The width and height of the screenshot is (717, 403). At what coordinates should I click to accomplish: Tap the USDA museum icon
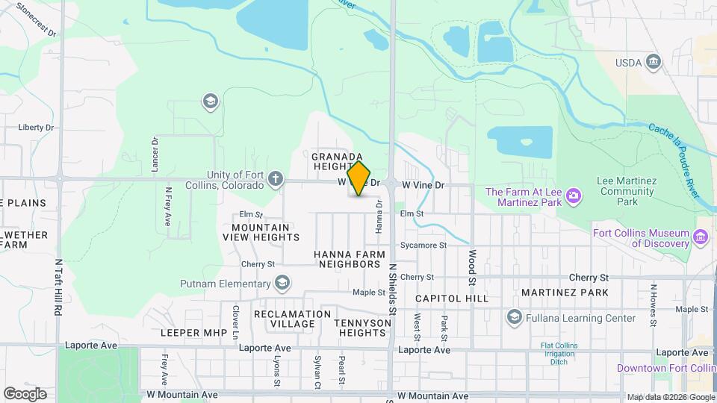pos(654,62)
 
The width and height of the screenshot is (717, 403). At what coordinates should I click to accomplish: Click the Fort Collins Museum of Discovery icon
pos(700,237)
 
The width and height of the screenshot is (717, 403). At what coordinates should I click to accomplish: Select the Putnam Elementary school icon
pos(282,284)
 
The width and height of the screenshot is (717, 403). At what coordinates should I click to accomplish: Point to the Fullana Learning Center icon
pos(514,318)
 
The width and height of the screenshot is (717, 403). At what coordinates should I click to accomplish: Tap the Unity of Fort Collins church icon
pos(276,178)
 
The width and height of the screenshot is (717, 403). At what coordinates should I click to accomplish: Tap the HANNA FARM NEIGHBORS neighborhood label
pos(350,259)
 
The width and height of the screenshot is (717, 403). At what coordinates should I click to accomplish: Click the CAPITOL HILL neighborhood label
pos(452,298)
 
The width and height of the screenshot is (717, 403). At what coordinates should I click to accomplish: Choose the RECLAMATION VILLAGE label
pos(292,319)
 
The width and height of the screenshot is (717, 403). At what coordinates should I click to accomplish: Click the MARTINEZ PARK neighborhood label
pos(565,293)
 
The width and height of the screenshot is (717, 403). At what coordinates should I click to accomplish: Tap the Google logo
pos(25,393)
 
